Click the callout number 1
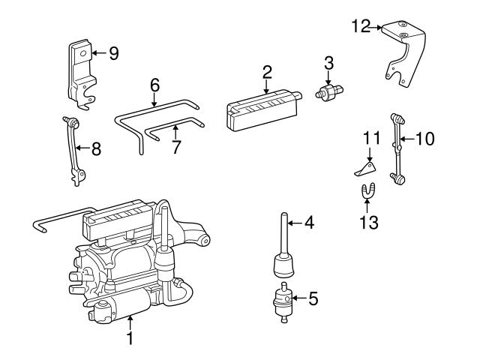pos(130,340)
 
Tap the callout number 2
pos(267,73)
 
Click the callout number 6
pos(154,85)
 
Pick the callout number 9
pos(114,53)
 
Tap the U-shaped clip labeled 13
pos(368,193)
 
